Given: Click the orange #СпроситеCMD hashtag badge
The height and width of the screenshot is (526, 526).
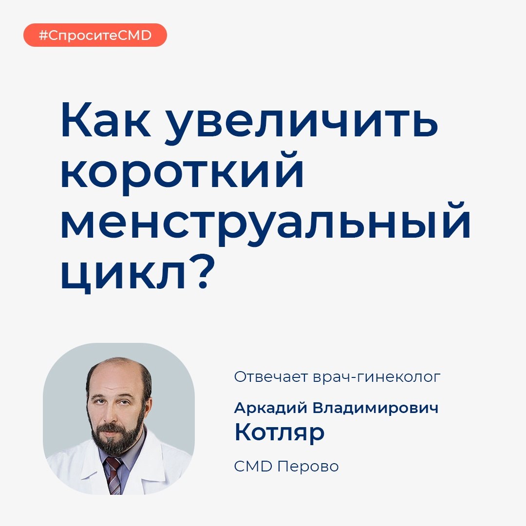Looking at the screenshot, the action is point(95,35).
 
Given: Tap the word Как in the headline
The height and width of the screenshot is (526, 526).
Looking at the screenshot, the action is point(106,120).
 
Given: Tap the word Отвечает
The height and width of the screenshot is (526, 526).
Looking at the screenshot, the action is point(271,377).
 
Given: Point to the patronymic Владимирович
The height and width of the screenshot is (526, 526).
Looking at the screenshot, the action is point(376,408).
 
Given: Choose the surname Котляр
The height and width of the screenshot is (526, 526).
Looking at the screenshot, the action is point(280,433).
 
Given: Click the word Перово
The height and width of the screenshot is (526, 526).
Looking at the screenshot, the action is point(308,466).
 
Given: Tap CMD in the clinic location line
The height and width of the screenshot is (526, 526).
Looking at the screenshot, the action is point(253,466).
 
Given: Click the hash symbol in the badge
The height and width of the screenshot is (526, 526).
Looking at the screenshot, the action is point(43,35).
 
